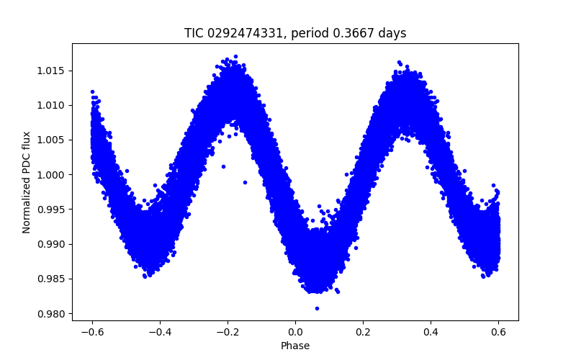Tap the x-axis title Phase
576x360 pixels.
point(295,346)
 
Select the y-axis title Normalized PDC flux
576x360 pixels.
point(27,182)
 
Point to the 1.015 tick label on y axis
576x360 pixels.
point(52,71)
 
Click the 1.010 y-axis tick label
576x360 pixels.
point(52,105)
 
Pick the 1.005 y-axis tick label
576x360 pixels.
point(52,140)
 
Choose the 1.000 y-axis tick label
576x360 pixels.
point(52,175)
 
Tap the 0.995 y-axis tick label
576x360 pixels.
point(52,210)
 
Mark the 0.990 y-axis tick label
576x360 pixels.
point(52,244)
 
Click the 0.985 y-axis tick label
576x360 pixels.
point(52,279)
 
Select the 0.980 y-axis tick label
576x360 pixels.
point(52,313)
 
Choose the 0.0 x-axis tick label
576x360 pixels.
point(295,332)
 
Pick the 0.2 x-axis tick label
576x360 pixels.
point(363,332)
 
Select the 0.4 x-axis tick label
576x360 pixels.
point(431,332)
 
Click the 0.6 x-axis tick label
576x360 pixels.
point(498,332)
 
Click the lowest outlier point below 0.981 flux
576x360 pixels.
point(317,308)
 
